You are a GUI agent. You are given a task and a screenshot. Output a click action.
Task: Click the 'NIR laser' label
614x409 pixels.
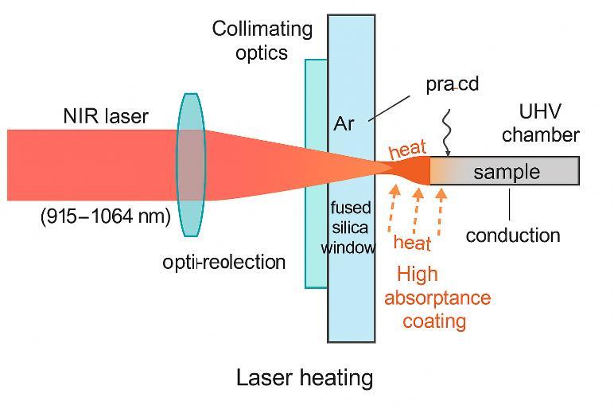[x=106, y=116]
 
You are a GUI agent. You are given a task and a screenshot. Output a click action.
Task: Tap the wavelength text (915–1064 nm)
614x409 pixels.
[x=106, y=216]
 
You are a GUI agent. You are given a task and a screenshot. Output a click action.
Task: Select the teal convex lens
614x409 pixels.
[x=191, y=165]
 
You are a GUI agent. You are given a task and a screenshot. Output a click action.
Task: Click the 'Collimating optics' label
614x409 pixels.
[x=262, y=41]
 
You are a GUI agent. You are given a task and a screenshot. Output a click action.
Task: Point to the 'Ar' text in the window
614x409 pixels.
[x=344, y=124]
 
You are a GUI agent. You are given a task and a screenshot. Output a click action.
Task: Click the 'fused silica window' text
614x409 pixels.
[x=348, y=228]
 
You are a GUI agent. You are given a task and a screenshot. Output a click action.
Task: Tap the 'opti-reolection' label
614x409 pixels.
[x=224, y=262]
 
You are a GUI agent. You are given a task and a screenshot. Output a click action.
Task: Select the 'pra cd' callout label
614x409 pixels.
[x=453, y=84]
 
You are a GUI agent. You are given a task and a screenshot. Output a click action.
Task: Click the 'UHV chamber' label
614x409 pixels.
[x=540, y=123]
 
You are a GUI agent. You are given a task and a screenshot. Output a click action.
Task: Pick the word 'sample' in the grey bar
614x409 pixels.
[x=507, y=172]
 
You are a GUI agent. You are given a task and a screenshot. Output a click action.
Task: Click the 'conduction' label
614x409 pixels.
[x=513, y=236]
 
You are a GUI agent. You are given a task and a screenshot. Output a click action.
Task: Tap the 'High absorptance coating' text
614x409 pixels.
[x=437, y=298]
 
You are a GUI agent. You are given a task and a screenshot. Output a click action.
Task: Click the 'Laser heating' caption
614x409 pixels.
[x=305, y=378]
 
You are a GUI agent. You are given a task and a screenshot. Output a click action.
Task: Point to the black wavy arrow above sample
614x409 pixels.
[x=447, y=133]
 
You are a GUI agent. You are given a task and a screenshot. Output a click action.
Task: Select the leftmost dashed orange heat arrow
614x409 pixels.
[x=393, y=208]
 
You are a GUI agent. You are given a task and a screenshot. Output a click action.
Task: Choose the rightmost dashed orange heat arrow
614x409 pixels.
[x=441, y=212]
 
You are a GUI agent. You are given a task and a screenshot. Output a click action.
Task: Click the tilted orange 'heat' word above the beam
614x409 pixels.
[x=408, y=150]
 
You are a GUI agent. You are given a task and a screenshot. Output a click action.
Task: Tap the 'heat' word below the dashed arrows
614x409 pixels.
[x=412, y=243]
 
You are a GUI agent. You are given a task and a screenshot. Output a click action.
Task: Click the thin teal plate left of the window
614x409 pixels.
[x=317, y=174]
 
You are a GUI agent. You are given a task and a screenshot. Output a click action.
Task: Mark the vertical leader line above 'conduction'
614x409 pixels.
[x=510, y=204]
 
